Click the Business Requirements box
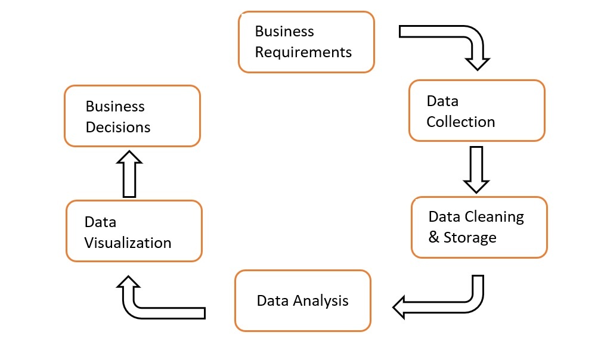[306, 42]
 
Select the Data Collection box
[476, 111]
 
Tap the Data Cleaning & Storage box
[479, 227]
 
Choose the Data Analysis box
[302, 300]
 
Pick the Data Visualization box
[134, 231]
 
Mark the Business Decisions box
[132, 116]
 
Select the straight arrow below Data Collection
[476, 169]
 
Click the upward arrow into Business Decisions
[129, 174]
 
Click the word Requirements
[303, 52]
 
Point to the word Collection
[460, 122]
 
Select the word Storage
[470, 238]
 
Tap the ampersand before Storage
[434, 238]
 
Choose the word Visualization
[128, 243]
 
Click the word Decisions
[118, 128]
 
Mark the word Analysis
[321, 300]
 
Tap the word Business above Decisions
[115, 106]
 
